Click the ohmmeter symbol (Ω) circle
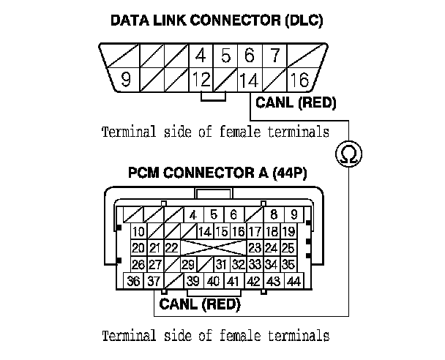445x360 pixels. point(348,154)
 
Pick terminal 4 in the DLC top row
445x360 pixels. point(200,56)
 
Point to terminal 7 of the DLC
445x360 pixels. point(274,56)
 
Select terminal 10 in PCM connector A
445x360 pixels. point(138,232)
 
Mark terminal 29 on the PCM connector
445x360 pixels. point(187,265)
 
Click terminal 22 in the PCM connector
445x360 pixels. point(172,248)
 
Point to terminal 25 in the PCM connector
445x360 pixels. point(288,248)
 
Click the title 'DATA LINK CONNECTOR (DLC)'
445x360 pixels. point(216,20)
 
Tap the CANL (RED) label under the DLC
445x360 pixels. point(296,103)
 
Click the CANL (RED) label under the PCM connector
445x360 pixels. point(200,304)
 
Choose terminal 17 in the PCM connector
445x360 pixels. point(255,232)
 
